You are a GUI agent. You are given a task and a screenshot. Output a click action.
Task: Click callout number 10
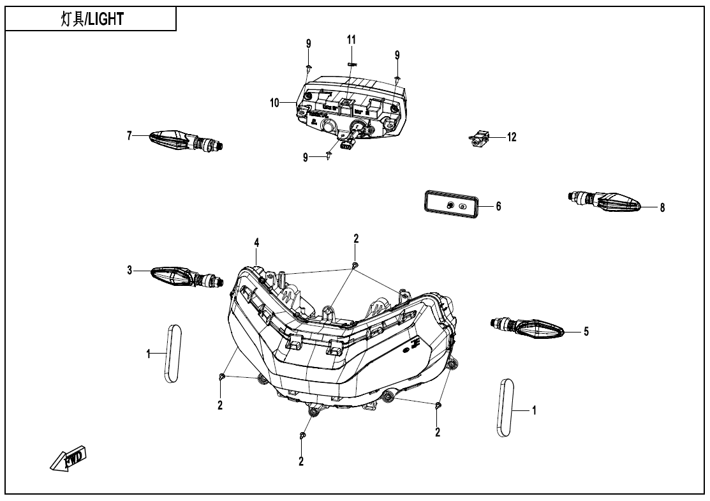[275, 102]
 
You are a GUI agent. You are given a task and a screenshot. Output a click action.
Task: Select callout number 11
[351, 40]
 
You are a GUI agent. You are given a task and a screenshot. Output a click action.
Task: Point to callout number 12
[512, 137]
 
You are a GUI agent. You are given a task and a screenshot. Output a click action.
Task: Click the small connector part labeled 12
[480, 138]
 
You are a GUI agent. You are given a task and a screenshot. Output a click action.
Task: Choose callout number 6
[499, 206]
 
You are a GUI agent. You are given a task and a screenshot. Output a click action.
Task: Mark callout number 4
[256, 243]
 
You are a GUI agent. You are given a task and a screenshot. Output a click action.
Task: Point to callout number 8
[662, 207]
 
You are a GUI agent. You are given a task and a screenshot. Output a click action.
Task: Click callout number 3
[129, 271]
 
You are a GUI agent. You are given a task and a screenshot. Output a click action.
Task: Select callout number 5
[586, 331]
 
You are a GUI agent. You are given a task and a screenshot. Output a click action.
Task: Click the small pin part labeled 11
[351, 64]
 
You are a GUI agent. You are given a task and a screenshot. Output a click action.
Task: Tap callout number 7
[129, 135]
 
